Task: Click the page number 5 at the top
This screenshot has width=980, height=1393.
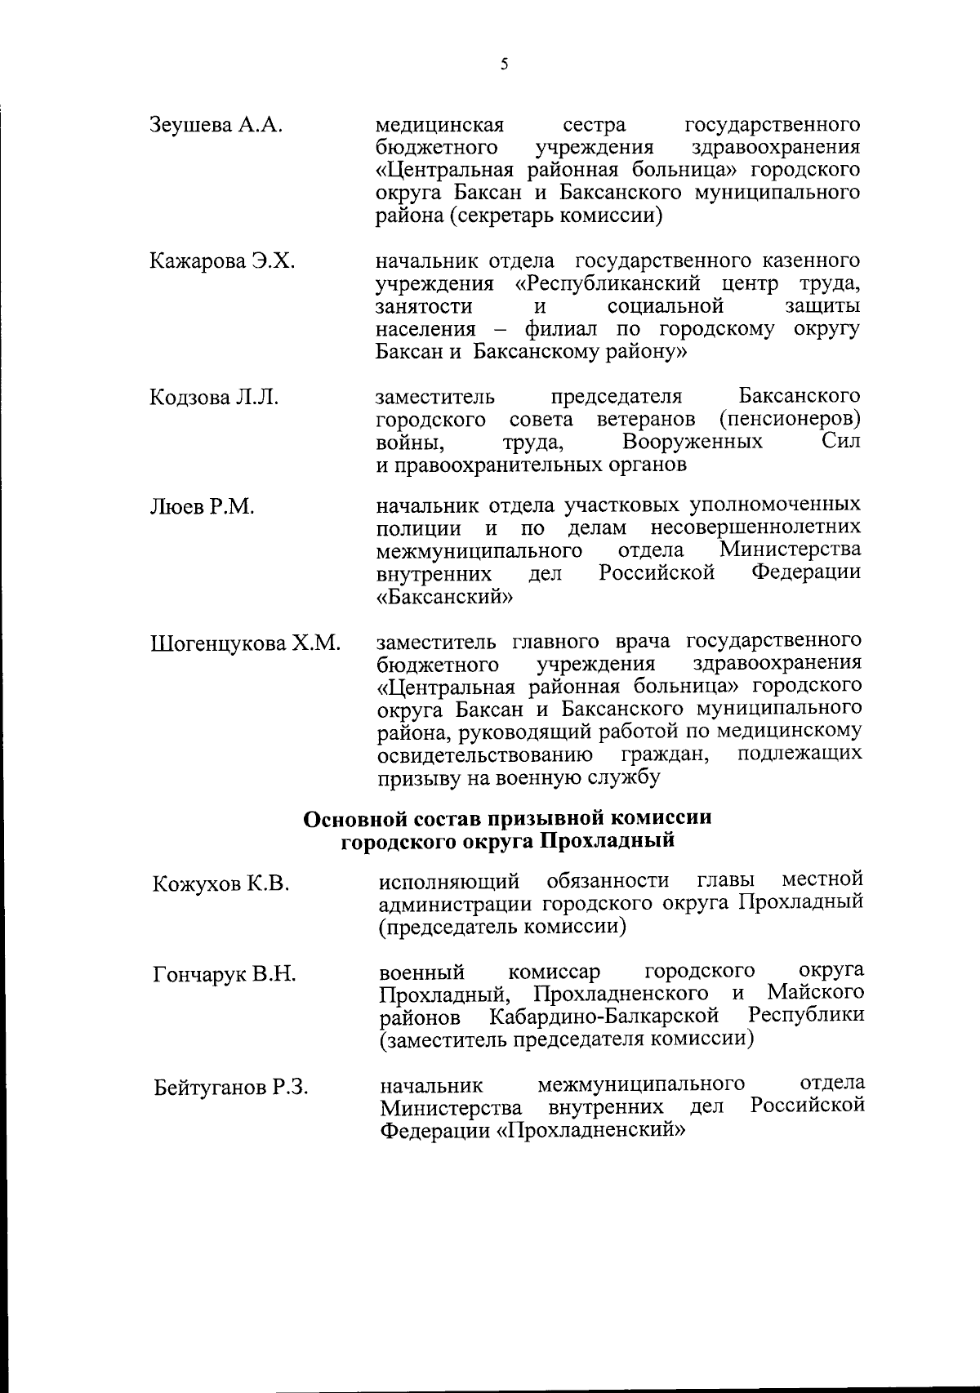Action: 504,65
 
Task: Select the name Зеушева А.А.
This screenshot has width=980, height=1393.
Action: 216,126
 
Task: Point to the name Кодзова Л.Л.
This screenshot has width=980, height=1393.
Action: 214,398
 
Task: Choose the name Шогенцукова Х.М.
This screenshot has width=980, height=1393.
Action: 245,643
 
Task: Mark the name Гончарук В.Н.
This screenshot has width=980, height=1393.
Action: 224,975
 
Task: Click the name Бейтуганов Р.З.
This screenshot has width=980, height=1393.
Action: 231,1088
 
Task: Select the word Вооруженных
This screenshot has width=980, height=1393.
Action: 693,443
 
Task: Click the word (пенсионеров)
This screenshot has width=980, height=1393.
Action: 790,420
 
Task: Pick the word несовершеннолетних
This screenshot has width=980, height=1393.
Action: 755,527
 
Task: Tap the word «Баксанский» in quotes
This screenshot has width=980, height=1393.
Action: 445,595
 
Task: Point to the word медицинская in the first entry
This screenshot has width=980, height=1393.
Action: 439,126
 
